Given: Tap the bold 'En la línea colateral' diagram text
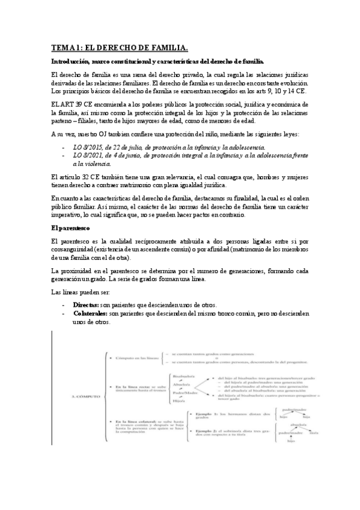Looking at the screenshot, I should (x=137, y=423).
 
